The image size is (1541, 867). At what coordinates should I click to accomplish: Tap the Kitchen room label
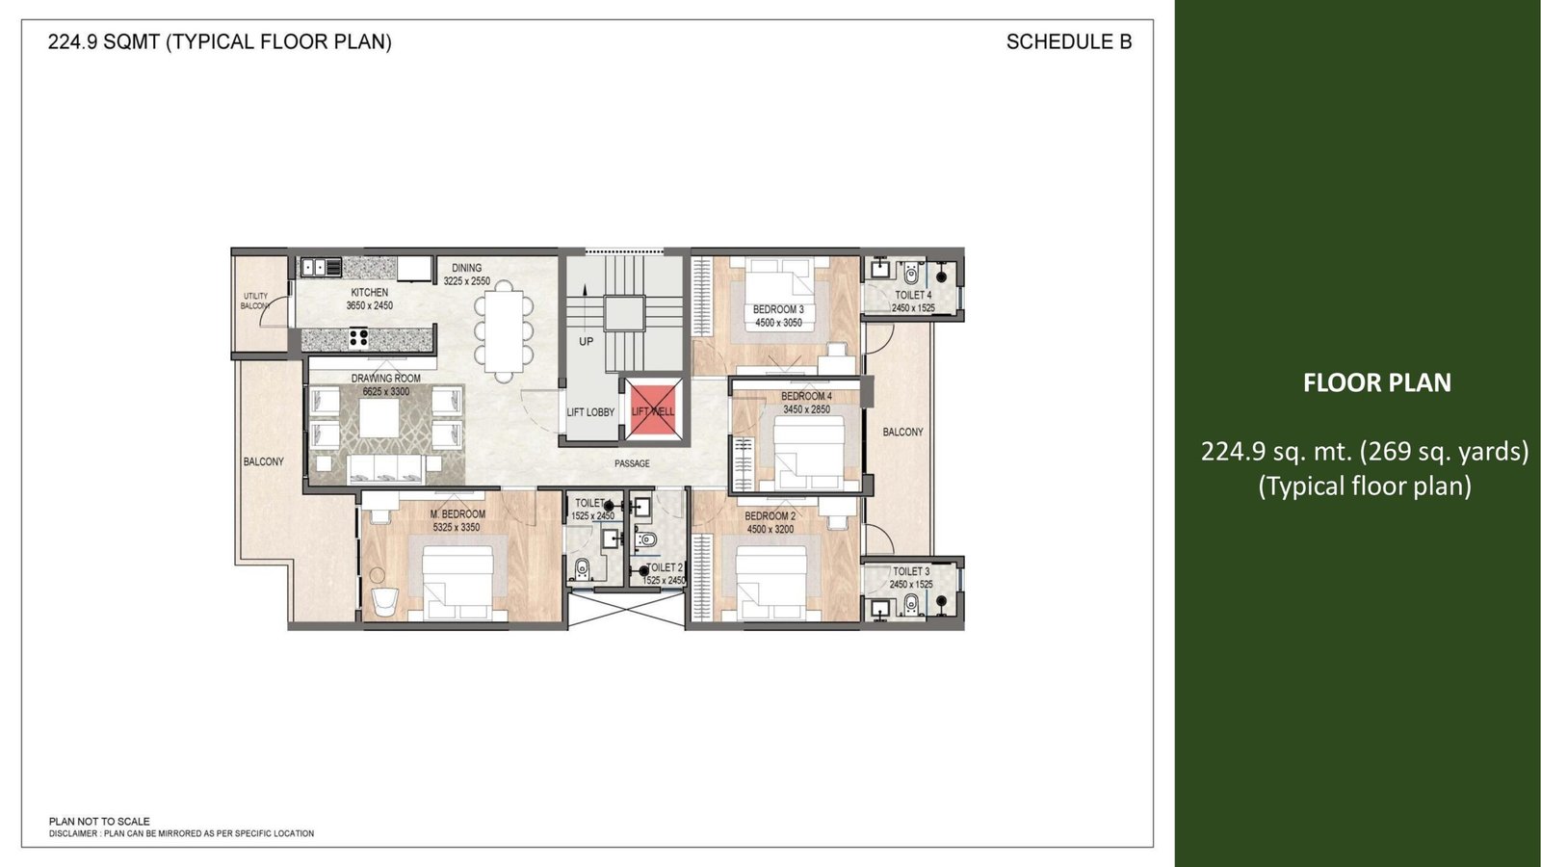[370, 293]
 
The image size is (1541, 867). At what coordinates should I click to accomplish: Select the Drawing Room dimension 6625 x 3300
[386, 391]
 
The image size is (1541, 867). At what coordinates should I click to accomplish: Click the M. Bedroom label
[457, 514]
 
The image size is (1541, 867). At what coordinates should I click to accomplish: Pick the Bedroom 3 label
[778, 309]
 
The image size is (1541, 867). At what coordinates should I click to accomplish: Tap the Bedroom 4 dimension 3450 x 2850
[806, 409]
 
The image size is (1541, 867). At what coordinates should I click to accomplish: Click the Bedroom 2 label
[770, 516]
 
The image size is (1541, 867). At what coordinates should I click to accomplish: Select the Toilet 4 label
[913, 295]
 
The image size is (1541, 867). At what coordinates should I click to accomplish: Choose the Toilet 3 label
[911, 571]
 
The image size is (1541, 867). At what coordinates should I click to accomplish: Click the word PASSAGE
[632, 463]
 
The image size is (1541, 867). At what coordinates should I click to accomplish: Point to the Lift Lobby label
[590, 412]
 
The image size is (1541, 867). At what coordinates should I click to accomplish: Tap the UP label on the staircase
[587, 341]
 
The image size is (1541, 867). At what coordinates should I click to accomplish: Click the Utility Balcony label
[254, 301]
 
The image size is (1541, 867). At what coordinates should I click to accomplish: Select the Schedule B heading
[1069, 42]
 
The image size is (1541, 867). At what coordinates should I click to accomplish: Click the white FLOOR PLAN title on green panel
[1377, 382]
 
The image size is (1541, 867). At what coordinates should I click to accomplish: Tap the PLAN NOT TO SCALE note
[99, 821]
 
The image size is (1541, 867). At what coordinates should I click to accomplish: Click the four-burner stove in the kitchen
[357, 338]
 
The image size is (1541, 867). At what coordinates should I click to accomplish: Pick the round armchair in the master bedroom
[384, 603]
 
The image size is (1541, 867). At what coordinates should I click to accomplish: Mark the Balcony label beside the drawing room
[264, 461]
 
